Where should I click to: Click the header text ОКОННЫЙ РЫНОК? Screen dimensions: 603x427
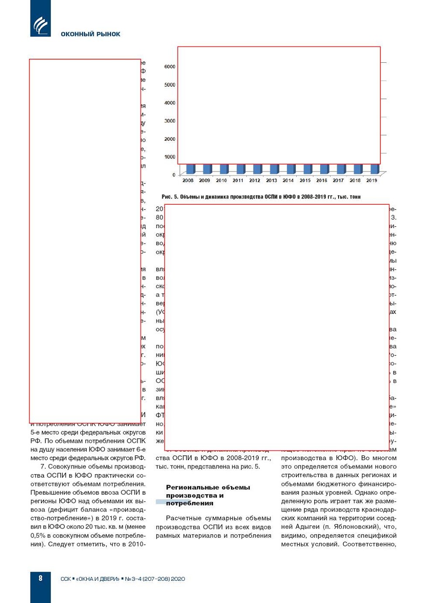click(x=90, y=34)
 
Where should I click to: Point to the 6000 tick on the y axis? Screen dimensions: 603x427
click(x=170, y=67)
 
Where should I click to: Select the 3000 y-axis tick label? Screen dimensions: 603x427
click(x=170, y=121)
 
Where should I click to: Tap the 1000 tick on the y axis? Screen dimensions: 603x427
click(x=170, y=157)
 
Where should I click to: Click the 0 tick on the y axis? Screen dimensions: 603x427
click(x=174, y=175)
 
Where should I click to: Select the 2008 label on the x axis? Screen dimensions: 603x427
click(x=188, y=180)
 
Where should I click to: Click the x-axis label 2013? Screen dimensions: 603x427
click(x=271, y=180)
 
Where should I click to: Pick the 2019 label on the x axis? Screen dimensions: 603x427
click(x=372, y=180)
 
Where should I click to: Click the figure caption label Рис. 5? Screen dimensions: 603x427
click(x=169, y=197)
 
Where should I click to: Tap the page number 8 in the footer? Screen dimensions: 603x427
click(x=41, y=578)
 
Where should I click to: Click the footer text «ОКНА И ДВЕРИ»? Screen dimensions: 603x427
click(x=98, y=579)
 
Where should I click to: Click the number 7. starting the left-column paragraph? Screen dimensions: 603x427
click(x=43, y=467)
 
